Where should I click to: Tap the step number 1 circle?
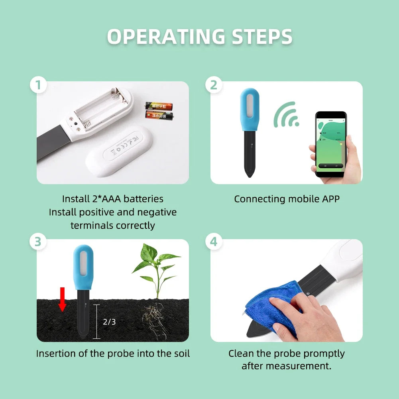click(38, 86)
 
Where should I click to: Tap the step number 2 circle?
click(214, 85)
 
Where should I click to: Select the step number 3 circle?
click(38, 242)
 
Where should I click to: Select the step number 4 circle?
click(214, 242)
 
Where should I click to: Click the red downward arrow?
click(62, 298)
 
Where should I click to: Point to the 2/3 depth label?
click(109, 322)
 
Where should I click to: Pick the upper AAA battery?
click(159, 106)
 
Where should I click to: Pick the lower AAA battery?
click(159, 116)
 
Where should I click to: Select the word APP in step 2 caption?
click(330, 199)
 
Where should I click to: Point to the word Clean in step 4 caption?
click(241, 354)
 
